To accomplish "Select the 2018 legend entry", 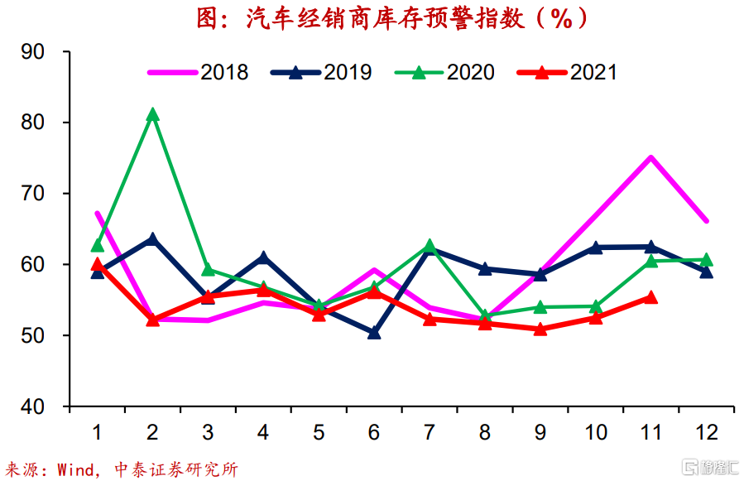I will point(199,72).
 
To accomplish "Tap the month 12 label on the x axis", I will point(706,431).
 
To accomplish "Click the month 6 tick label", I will point(374,431).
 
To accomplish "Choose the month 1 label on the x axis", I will point(98,431).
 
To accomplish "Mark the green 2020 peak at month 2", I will point(152,115).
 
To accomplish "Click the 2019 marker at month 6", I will point(374,333).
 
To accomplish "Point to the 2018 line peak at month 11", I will point(651,157).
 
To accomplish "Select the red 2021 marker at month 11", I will point(651,297).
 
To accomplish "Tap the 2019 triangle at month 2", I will point(152,239).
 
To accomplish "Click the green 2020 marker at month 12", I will point(707,260).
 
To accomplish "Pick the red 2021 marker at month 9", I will point(540,329).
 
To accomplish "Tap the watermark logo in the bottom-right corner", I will point(708,468).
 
